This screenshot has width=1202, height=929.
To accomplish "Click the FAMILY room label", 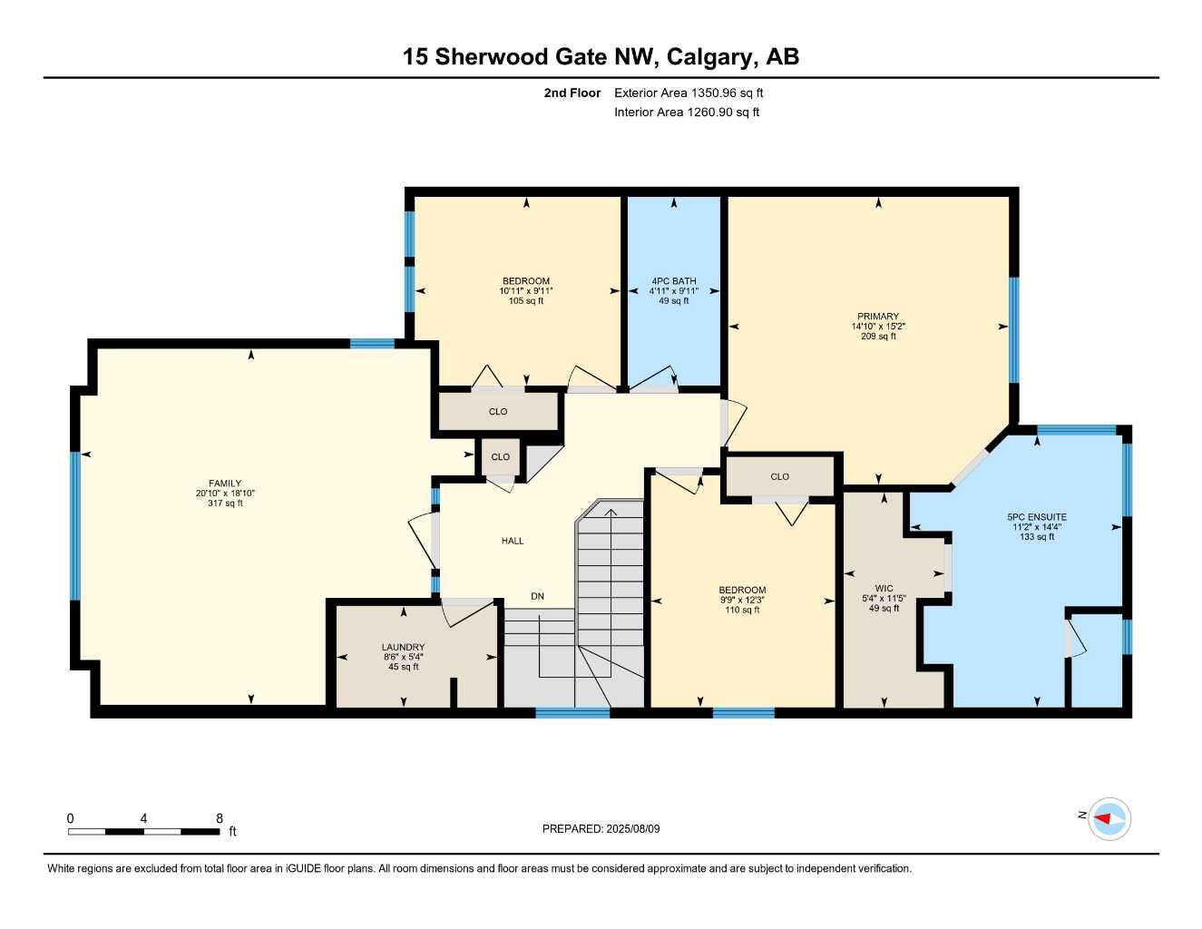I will coord(225,484).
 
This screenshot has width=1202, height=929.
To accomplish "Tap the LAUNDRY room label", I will coord(403,648).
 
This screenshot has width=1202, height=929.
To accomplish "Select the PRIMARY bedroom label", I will coord(878,317).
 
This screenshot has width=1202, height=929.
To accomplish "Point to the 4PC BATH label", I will coord(674,281).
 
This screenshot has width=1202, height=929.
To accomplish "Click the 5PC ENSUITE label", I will coord(1037,517).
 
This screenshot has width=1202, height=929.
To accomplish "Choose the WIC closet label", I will coord(884,589).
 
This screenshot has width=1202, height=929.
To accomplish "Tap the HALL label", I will coord(513,541).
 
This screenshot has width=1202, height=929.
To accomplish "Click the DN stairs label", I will coord(538,596).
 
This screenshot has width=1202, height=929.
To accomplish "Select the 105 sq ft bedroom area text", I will coord(526,301).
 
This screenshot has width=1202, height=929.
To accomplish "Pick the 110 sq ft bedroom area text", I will coord(742,611).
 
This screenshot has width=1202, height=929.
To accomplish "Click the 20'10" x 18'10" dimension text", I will coord(225,494).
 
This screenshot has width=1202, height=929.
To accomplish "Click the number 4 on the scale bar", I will coord(143,818).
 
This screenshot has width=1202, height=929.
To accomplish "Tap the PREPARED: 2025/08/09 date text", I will coord(601,828).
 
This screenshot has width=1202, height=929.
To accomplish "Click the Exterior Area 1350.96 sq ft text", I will coord(689,93).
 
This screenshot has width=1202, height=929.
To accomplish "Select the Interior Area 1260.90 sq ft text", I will coord(687,112).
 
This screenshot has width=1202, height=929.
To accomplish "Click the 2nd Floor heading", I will coord(572,93).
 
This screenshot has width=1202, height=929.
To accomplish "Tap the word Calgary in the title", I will coord(708,57).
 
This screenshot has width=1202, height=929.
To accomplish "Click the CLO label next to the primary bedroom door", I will coord(779,476).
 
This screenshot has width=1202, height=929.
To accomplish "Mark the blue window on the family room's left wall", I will coord(75,526).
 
